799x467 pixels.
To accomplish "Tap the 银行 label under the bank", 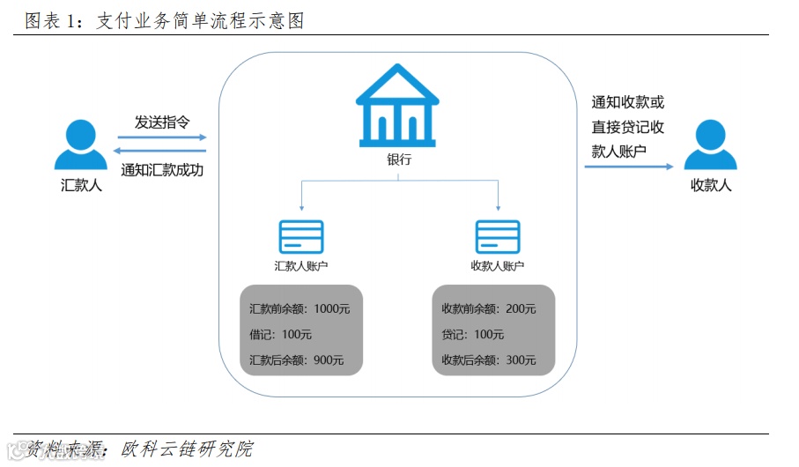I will click(398, 160).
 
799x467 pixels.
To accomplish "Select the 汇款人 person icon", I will click(81, 145).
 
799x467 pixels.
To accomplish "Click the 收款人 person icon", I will click(710, 145).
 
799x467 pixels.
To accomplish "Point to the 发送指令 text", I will click(162, 122).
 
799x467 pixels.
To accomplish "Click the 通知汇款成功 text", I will click(162, 170).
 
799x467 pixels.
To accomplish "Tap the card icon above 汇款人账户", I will click(301, 237).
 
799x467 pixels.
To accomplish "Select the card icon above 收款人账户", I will click(498, 237).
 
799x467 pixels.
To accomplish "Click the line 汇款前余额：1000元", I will click(293, 309).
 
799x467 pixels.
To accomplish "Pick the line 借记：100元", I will click(280, 335).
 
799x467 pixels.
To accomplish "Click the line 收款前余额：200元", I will click(488, 309).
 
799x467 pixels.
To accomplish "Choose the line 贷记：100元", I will click(473, 335).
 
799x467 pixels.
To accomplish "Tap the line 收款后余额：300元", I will click(488, 360).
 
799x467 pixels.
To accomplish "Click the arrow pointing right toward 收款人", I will click(629, 166).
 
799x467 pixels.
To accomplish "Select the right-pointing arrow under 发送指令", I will click(162, 137).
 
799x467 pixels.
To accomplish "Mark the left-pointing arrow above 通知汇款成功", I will click(162, 152).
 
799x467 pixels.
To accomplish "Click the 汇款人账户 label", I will click(301, 265).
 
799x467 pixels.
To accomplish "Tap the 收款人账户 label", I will click(498, 265).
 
